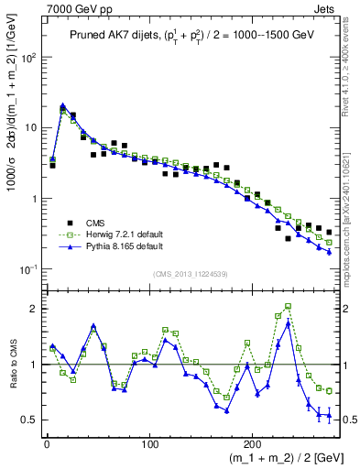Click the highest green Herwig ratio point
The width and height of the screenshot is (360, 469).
(289, 307)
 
